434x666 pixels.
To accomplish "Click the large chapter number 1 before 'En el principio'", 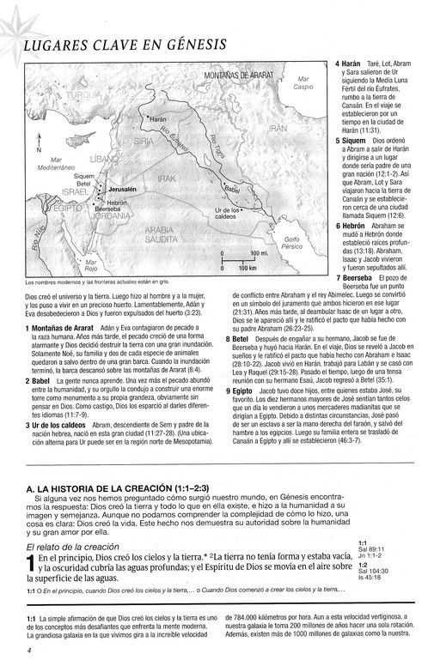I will point(31,564).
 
